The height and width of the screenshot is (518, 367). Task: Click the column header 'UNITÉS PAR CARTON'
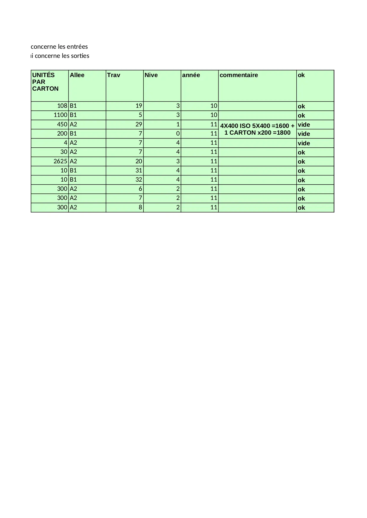(45, 82)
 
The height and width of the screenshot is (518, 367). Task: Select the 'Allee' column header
(77, 75)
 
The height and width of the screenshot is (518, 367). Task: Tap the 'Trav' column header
(114, 75)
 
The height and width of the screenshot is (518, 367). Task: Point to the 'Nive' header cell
(151, 75)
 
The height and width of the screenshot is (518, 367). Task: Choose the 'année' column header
(191, 75)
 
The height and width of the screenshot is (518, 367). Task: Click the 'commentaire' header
(239, 75)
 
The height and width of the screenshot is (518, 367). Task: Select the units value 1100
(60, 115)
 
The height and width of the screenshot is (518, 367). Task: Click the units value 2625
(60, 161)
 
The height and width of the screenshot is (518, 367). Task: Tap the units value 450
(62, 124)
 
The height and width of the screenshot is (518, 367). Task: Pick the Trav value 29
(139, 124)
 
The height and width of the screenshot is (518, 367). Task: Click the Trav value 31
(139, 170)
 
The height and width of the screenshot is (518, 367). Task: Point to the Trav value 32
(139, 180)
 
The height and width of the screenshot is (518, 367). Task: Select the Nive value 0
(178, 133)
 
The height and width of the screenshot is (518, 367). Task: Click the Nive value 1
(178, 124)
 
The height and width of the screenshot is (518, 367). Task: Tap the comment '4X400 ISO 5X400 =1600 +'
(257, 126)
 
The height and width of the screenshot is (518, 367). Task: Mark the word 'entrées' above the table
(77, 47)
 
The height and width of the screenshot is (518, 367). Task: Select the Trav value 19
(139, 106)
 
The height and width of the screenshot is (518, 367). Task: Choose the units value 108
(62, 106)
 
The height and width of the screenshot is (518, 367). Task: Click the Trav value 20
(139, 161)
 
